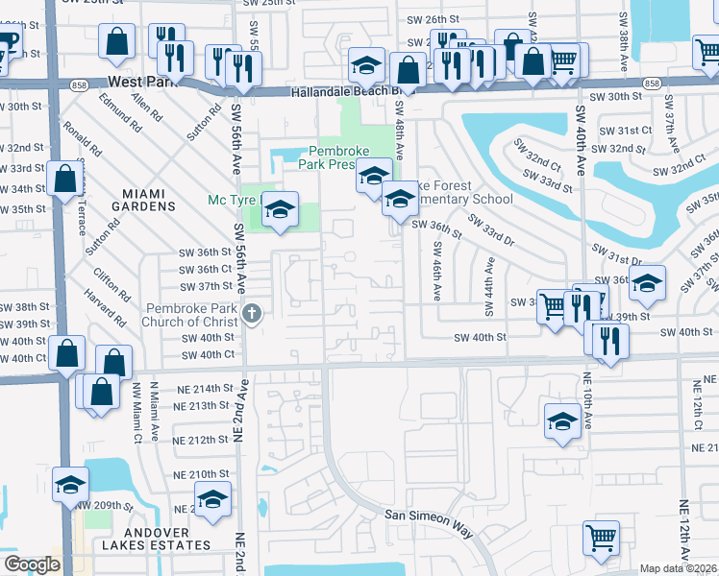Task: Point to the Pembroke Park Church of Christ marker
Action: (x=252, y=313)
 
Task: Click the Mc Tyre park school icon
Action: (x=280, y=208)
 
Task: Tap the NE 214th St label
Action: (x=203, y=389)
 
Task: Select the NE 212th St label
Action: (x=203, y=440)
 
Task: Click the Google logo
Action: (x=31, y=564)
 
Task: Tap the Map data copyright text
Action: (x=677, y=568)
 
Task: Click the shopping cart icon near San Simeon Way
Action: (x=601, y=539)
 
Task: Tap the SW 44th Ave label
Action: (x=488, y=289)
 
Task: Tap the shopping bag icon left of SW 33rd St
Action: (x=63, y=180)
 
